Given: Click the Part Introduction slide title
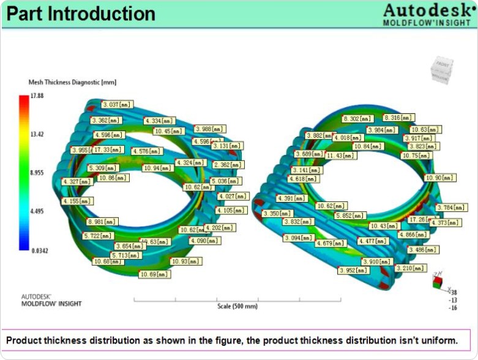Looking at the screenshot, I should [80, 14].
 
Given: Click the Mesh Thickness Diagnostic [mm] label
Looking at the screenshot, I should [72, 82].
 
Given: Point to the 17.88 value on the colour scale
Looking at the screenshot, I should [37, 96].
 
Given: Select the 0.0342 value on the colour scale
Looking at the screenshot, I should [40, 250].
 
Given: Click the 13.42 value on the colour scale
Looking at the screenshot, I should [37, 135].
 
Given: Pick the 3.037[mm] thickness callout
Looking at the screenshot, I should [117, 105].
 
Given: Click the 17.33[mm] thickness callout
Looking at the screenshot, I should [108, 149].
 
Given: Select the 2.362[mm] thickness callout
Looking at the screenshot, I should [227, 165].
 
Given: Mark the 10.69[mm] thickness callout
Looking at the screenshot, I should [155, 274].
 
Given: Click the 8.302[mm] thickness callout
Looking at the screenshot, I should [357, 118].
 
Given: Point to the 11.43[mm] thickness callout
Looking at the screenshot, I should [341, 156].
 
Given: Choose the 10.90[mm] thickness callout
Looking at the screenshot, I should [440, 178].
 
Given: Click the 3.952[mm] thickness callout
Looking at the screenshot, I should [353, 270].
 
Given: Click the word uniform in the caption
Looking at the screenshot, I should [436, 340].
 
